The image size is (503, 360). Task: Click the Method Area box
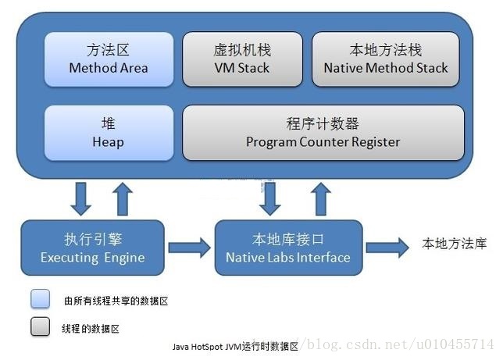(x=108, y=59)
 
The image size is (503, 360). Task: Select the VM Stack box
(x=241, y=59)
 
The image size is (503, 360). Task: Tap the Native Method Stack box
(x=386, y=59)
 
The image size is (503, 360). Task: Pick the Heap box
(x=108, y=133)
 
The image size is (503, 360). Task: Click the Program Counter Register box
(x=323, y=133)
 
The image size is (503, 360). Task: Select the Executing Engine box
(x=92, y=248)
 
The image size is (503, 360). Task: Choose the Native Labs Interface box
(x=288, y=248)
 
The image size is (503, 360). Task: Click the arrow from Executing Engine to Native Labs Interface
(x=189, y=248)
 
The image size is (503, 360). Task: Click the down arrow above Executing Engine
(x=81, y=198)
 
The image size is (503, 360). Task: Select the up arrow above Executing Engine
(x=123, y=198)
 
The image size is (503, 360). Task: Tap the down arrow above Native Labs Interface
(x=270, y=198)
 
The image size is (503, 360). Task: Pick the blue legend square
(x=41, y=300)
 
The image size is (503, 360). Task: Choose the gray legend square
(x=41, y=328)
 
